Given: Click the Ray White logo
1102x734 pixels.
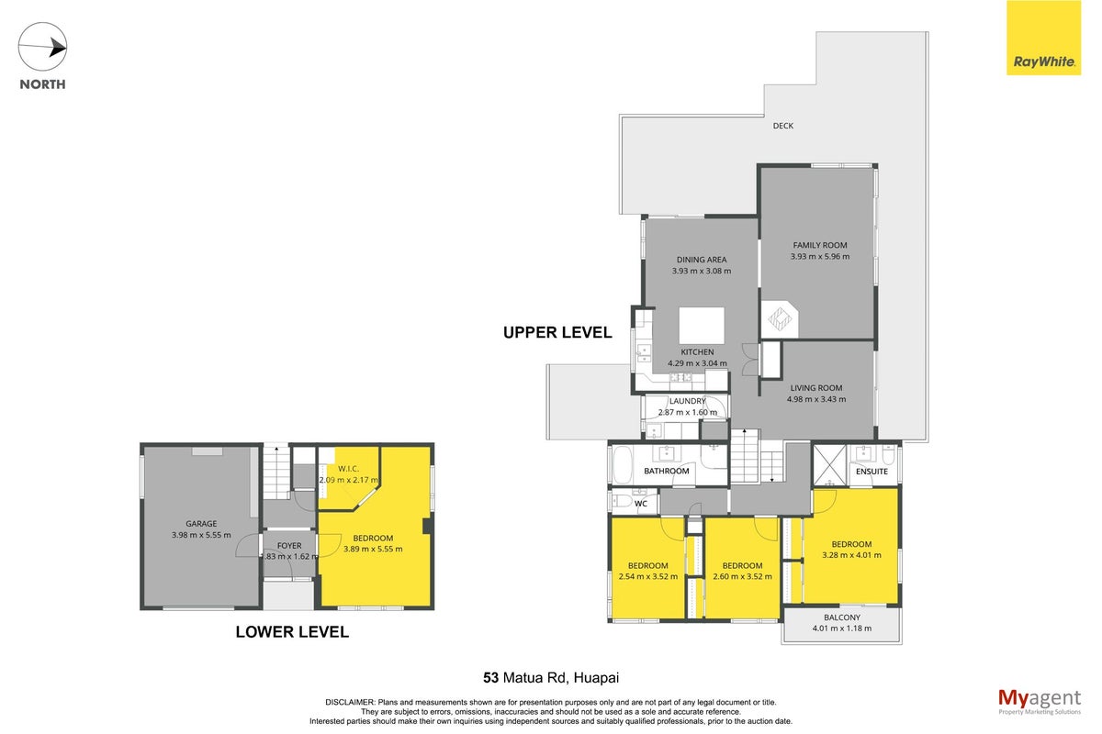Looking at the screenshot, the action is [1043, 38].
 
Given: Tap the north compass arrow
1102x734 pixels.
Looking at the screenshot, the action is [42, 47].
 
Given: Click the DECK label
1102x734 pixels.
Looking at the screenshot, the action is [782, 126].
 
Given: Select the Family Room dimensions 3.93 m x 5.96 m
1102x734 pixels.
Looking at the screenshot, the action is [819, 256].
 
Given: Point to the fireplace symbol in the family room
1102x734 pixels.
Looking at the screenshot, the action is [780, 319].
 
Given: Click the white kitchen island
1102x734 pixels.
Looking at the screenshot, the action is [702, 326].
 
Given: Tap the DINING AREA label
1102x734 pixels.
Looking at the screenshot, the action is [701, 260].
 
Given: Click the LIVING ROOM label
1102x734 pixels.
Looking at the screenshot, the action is [816, 388].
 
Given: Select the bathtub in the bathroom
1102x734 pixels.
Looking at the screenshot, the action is [623, 465].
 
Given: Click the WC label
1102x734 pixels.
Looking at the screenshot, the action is [641, 504].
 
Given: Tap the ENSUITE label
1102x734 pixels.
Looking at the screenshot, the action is [871, 472].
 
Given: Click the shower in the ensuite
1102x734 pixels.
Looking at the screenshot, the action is [829, 465].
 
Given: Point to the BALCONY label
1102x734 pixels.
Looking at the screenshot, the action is [842, 617].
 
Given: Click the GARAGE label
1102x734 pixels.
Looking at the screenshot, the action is [201, 524].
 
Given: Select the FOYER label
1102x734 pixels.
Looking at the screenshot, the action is [289, 546].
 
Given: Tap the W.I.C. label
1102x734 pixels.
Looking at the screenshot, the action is [348, 469].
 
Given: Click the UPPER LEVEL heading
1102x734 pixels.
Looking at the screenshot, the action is [557, 333].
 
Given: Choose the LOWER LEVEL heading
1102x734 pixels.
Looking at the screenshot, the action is [292, 632].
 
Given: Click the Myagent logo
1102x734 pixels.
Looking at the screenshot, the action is [1040, 702].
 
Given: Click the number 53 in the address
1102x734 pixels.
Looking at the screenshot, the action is [490, 678].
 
